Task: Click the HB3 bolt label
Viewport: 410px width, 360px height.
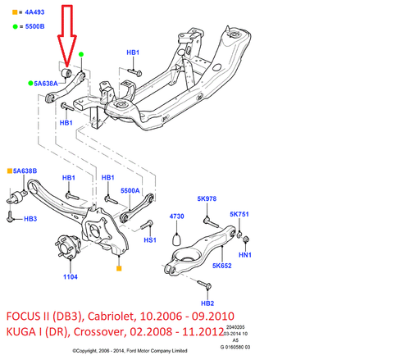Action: (30, 219)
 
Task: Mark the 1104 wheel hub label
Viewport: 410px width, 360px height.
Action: (71, 277)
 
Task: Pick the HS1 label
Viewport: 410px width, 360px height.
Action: (150, 241)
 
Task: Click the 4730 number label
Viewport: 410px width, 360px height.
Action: (177, 216)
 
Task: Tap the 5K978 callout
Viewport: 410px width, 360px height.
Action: (207, 198)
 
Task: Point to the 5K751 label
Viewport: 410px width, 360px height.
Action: (240, 214)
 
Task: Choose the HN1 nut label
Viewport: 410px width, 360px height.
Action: (244, 255)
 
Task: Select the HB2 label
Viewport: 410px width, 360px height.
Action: (207, 303)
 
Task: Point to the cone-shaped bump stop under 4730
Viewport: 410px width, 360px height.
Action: (176, 240)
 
